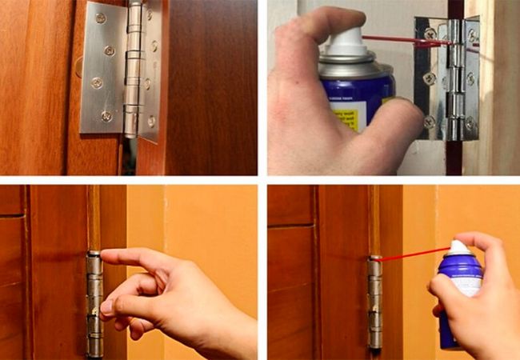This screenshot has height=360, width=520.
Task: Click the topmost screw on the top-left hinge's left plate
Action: [x=101, y=18]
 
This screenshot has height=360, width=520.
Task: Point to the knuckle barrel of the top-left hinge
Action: [x=133, y=72]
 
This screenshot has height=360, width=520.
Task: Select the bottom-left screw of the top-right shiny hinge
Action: [x=430, y=122]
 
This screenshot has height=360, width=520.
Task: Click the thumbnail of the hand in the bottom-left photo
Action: [x=106, y=306]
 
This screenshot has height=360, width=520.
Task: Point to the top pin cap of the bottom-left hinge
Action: [x=94, y=254]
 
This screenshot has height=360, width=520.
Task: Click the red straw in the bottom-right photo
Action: [x=412, y=254]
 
